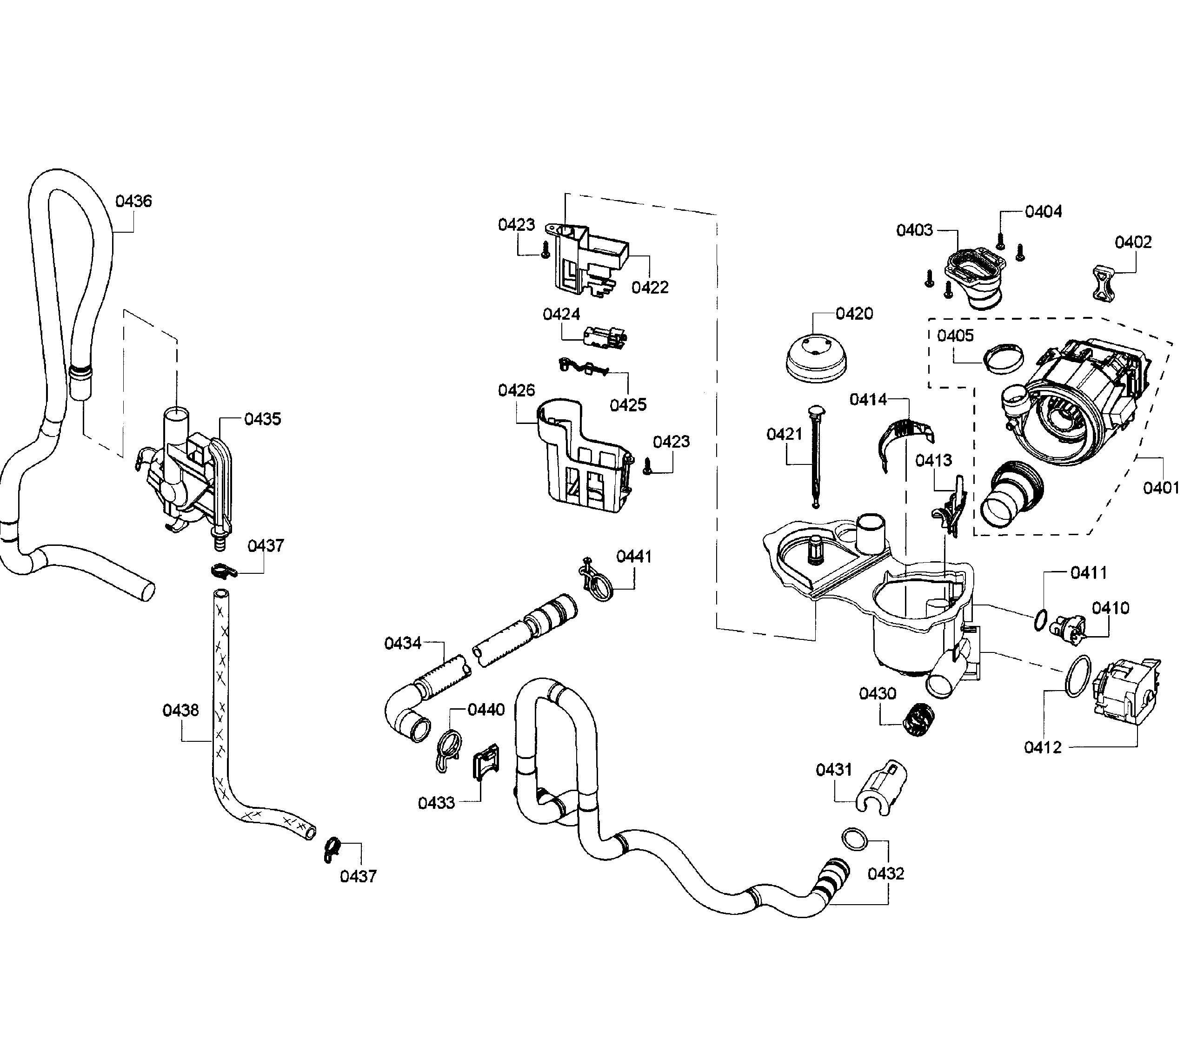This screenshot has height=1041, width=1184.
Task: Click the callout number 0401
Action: (x=1160, y=488)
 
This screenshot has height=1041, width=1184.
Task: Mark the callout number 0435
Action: (x=262, y=419)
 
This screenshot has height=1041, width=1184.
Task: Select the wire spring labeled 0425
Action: (x=582, y=367)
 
